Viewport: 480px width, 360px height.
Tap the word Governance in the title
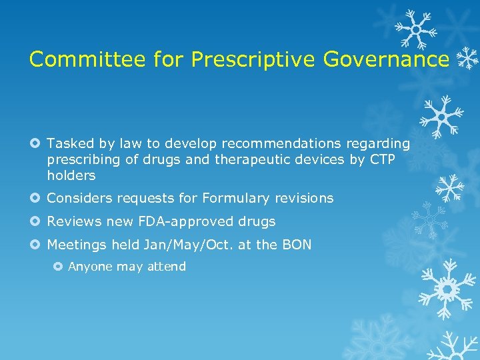[386, 59]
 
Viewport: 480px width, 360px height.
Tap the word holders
[71, 176]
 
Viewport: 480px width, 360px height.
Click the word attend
[167, 267]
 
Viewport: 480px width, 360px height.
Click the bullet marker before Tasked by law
[35, 143]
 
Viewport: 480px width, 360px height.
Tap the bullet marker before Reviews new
[35, 221]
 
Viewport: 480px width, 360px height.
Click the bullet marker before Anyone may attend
[57, 267]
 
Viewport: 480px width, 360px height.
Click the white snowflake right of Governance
[468, 59]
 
